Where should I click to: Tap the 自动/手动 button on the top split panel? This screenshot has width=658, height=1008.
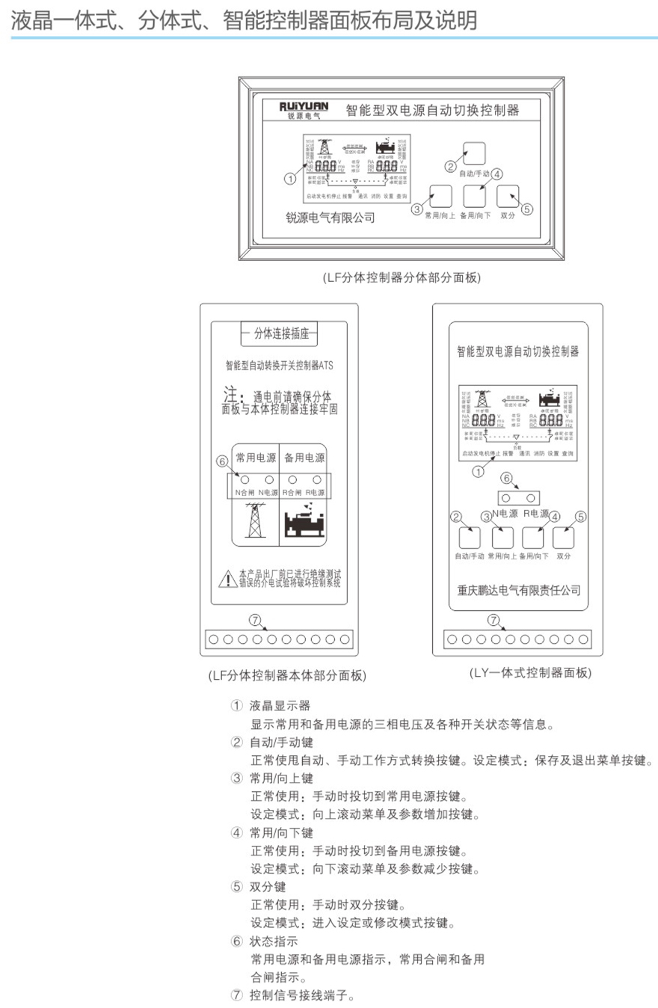click(474, 153)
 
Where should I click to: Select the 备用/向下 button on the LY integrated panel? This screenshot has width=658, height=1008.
click(533, 538)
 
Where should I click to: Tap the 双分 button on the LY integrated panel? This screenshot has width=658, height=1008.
click(564, 538)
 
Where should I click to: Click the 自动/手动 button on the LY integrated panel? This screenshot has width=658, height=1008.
click(470, 538)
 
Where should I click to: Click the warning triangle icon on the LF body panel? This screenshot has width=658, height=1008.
click(227, 578)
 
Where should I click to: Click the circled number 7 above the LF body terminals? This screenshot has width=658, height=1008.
click(255, 620)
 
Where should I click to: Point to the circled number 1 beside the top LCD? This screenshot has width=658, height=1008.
click(291, 179)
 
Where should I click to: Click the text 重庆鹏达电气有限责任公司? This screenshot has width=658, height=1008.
click(518, 591)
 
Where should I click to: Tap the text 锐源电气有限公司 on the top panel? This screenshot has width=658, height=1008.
click(330, 218)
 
